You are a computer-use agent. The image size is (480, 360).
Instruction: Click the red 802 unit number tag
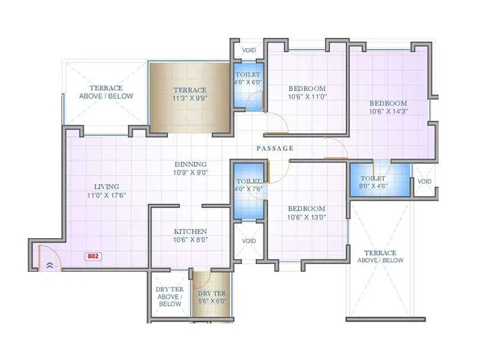pyautogui.click(x=93, y=256)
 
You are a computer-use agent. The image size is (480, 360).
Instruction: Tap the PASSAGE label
pyautogui.click(x=275, y=148)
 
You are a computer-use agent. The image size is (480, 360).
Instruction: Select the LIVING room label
pyautogui.click(x=106, y=187)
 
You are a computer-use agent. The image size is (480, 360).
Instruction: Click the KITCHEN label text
pyautogui.click(x=190, y=232)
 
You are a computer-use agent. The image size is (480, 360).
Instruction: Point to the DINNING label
pyautogui.click(x=190, y=164)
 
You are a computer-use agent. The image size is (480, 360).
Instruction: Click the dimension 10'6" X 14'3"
pyautogui.click(x=388, y=111)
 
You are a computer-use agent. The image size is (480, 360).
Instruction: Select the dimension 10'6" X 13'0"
pyautogui.click(x=306, y=218)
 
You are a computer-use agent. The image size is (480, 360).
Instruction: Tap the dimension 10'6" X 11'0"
pyautogui.click(x=306, y=97)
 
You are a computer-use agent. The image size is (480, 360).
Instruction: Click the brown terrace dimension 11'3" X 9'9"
pyautogui.click(x=190, y=98)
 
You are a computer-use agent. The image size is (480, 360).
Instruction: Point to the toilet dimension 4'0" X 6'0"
pyautogui.click(x=248, y=82)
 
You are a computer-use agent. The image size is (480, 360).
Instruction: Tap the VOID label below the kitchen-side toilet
pyautogui.click(x=248, y=241)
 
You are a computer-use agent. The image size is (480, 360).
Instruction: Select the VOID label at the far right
pyautogui.click(x=424, y=182)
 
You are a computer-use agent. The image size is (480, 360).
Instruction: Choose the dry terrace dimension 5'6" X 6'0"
pyautogui.click(x=212, y=301)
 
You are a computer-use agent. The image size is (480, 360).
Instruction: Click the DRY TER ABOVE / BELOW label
pyautogui.click(x=170, y=296)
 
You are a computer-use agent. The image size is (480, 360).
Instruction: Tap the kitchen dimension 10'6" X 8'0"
pyautogui.click(x=190, y=240)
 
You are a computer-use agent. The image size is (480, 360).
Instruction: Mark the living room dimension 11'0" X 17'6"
pyautogui.click(x=106, y=195)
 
